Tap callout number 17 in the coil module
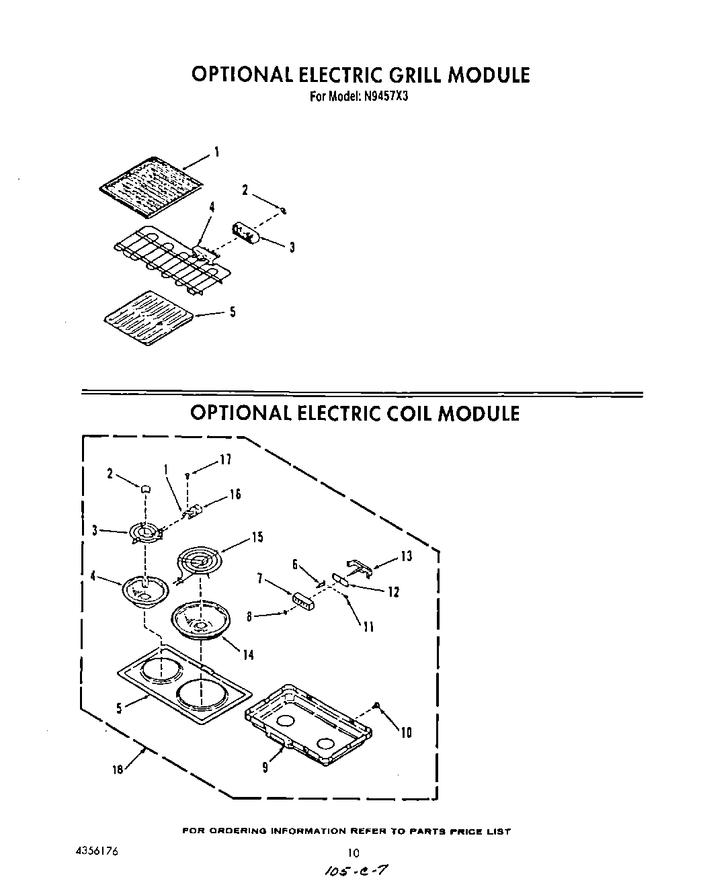click(x=225, y=460)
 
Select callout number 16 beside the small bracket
click(x=235, y=495)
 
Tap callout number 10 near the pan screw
click(x=406, y=732)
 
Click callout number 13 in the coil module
click(x=406, y=556)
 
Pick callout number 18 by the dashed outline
click(x=118, y=770)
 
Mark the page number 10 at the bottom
click(x=354, y=853)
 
